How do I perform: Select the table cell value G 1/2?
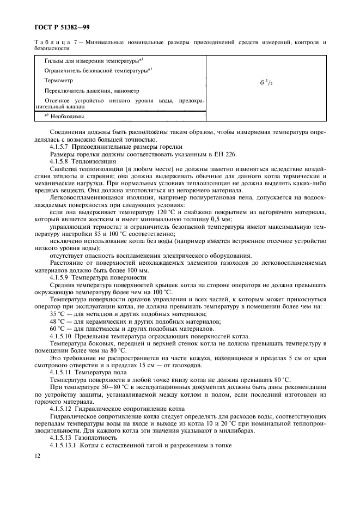pos(266,83)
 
